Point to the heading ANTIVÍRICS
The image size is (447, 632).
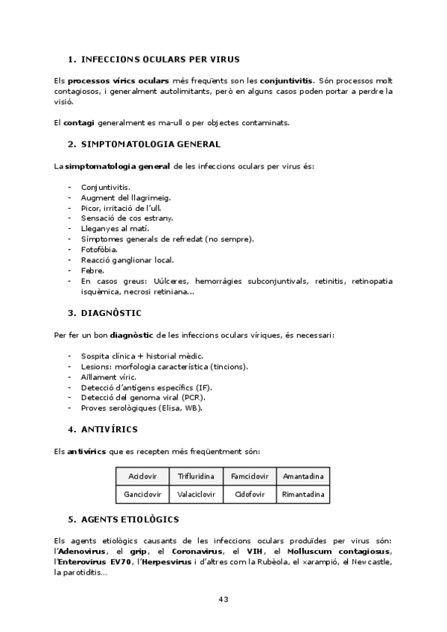112,430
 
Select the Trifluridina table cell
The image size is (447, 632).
196,475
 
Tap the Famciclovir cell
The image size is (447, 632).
250,475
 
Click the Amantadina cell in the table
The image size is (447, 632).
303,475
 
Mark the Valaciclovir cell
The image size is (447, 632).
196,493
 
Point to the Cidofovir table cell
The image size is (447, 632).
250,493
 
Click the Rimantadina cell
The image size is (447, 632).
303,493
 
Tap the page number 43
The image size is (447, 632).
223,599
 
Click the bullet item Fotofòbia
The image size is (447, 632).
100,250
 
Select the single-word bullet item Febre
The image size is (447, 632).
92,271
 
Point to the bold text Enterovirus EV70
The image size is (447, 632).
96,562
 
